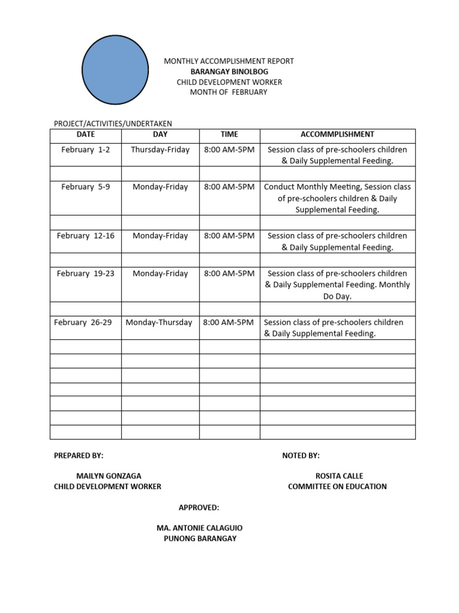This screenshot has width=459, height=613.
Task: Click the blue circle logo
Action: point(115,70)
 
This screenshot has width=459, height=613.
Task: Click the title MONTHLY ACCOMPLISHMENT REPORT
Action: point(229,61)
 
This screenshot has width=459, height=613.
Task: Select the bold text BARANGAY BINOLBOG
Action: point(229,71)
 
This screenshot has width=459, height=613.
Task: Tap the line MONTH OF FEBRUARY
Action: point(229,92)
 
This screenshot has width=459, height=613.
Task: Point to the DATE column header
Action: point(85,135)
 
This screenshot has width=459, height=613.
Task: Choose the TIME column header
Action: point(229,135)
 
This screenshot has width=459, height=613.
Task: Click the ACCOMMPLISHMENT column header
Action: point(337,135)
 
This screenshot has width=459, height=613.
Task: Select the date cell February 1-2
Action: point(85,150)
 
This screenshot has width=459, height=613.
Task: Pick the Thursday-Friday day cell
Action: point(160,150)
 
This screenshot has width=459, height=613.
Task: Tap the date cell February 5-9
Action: point(85,187)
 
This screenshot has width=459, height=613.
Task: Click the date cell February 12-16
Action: point(85,236)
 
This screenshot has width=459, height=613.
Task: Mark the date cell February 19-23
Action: point(85,274)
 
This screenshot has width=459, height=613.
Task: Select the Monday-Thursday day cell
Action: point(159,322)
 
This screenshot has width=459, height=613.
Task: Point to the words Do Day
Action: point(337,296)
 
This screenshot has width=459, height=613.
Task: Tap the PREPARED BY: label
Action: point(78,456)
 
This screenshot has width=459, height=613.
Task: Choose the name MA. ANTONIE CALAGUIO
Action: point(200,528)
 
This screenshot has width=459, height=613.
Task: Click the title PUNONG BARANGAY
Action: point(200,538)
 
